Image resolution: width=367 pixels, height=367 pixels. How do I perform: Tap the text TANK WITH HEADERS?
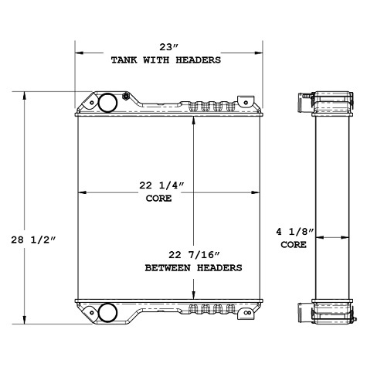(x=165, y=59)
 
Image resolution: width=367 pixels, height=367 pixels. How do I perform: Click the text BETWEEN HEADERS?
(x=194, y=267)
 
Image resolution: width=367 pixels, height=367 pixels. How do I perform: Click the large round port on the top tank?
(x=109, y=103)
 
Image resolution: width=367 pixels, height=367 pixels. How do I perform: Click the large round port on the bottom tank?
(x=109, y=312)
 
